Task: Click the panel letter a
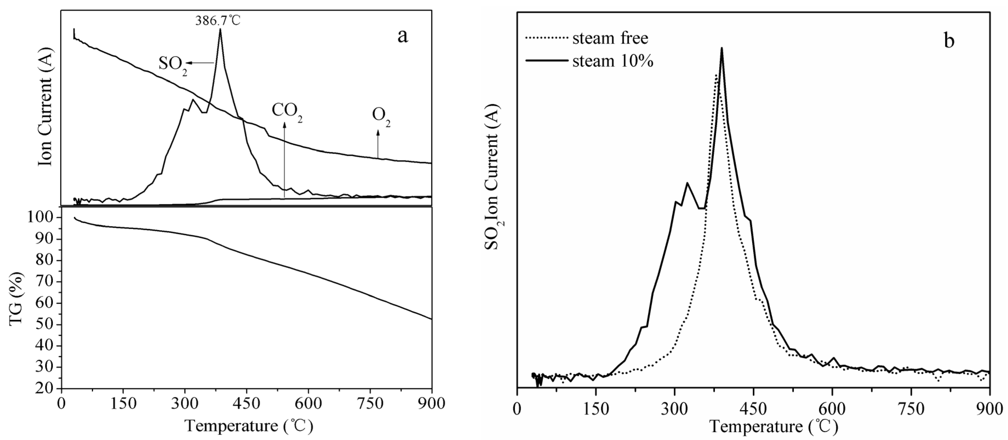402,36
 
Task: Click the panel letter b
949,41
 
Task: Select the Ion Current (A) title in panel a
45,108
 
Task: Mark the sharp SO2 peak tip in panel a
220,30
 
